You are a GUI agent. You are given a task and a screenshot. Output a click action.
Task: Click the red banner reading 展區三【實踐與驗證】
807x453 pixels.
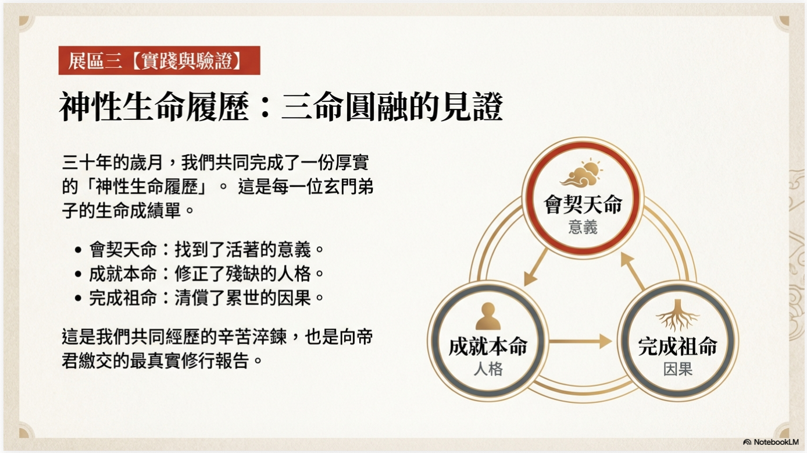159,61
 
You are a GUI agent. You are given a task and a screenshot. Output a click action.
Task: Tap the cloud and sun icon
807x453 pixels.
583,174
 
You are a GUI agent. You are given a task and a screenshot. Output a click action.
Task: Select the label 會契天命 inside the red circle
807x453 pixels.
583,204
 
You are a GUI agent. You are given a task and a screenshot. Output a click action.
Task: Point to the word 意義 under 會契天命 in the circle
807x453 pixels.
583,226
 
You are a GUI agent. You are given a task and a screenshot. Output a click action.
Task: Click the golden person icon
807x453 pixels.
487,317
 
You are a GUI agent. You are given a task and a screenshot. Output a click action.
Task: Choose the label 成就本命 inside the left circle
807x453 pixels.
487,346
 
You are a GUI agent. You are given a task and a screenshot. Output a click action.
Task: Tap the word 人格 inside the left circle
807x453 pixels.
487,369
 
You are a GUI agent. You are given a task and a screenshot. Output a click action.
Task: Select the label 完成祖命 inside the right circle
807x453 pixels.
677,346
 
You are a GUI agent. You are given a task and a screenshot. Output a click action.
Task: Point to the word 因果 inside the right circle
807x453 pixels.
677,369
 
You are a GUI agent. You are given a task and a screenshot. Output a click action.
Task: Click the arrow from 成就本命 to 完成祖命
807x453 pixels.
580,341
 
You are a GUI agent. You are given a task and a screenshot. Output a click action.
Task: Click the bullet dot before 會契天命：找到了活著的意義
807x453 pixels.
78,250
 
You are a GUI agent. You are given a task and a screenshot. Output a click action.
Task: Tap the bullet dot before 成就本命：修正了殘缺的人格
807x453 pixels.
78,274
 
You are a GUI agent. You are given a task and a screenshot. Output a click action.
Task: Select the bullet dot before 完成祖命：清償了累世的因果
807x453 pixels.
78,298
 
